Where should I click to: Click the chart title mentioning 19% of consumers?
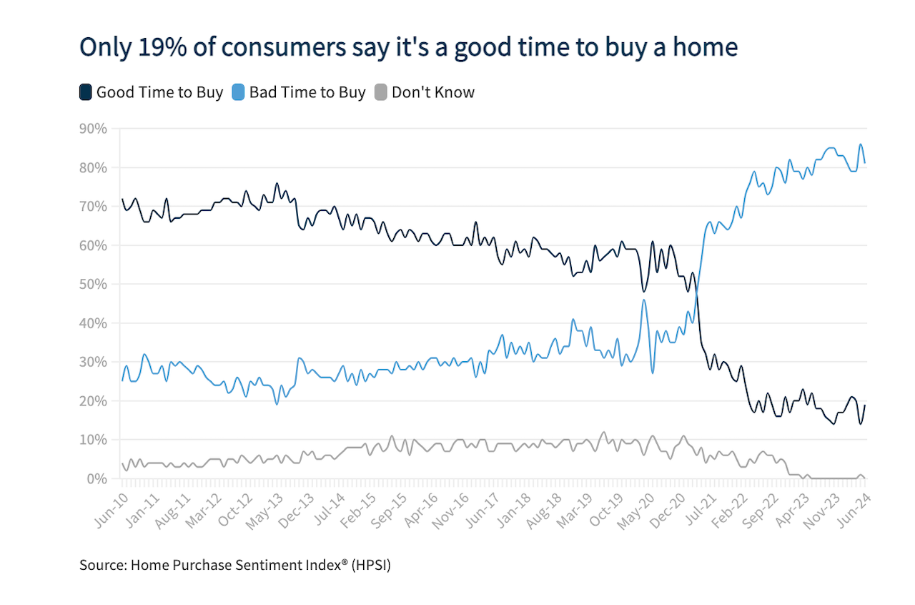[x=408, y=46]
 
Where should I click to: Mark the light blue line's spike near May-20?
[x=644, y=300]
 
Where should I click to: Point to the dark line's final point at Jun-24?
[x=865, y=405]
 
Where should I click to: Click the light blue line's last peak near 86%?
[x=861, y=144]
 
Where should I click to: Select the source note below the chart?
[x=235, y=565]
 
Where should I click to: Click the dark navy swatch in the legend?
[x=85, y=92]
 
